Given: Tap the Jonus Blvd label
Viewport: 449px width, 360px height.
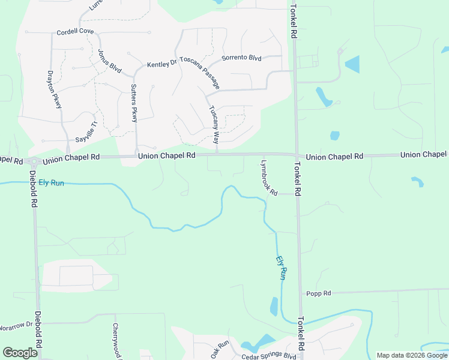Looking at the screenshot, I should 109,60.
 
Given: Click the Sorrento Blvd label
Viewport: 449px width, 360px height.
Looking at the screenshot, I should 241,58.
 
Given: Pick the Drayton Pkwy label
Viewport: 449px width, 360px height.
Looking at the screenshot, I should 55,90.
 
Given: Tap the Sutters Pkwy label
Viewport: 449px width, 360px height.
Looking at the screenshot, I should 134,103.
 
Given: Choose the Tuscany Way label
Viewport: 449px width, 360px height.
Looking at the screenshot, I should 214,125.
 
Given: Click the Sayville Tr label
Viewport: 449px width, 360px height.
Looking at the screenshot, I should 82,130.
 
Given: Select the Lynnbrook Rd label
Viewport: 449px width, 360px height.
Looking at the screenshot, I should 269,177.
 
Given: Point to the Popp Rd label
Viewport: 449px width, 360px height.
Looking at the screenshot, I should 318,293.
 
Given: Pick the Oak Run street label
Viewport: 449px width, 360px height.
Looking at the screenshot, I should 220,349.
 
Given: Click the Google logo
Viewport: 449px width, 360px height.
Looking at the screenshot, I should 20,353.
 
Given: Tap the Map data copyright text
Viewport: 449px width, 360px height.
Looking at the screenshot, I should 411,355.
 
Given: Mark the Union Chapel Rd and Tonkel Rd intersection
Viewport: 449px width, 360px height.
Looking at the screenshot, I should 296,155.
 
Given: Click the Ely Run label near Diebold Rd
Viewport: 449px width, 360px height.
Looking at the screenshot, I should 51,182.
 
